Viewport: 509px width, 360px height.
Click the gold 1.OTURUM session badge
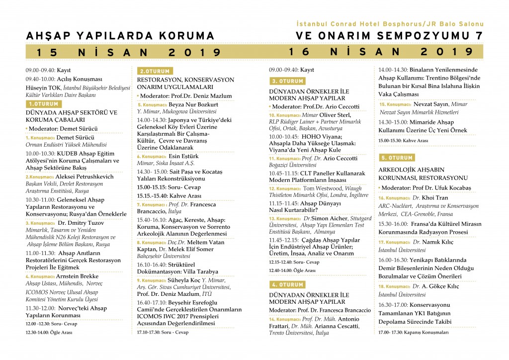pyautogui.click(x=43, y=104)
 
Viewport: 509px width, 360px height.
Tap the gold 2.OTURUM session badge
pyautogui.click(x=155, y=71)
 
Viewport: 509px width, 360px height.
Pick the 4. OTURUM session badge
pyautogui.click(x=287, y=284)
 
